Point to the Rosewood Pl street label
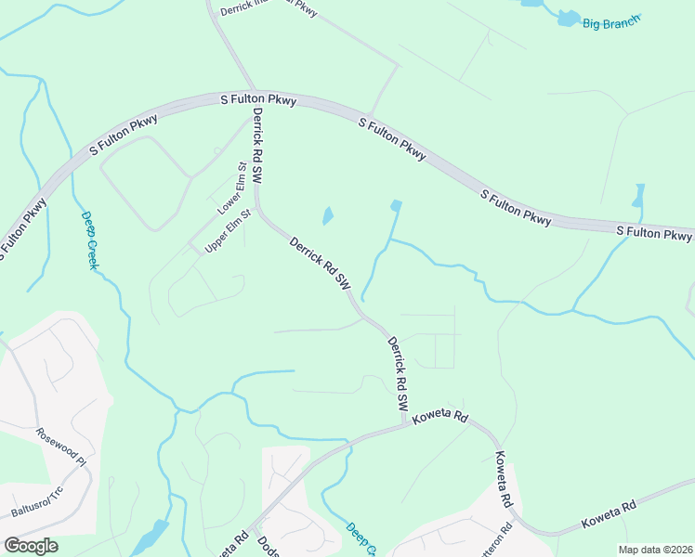click(x=60, y=447)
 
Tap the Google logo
click(x=31, y=546)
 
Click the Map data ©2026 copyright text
click(x=655, y=550)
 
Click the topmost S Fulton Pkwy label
click(x=257, y=98)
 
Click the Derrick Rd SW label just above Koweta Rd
click(x=398, y=374)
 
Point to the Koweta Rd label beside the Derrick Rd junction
click(x=441, y=418)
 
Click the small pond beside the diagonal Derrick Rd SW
click(x=328, y=216)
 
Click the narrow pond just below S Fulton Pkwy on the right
click(x=638, y=195)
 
